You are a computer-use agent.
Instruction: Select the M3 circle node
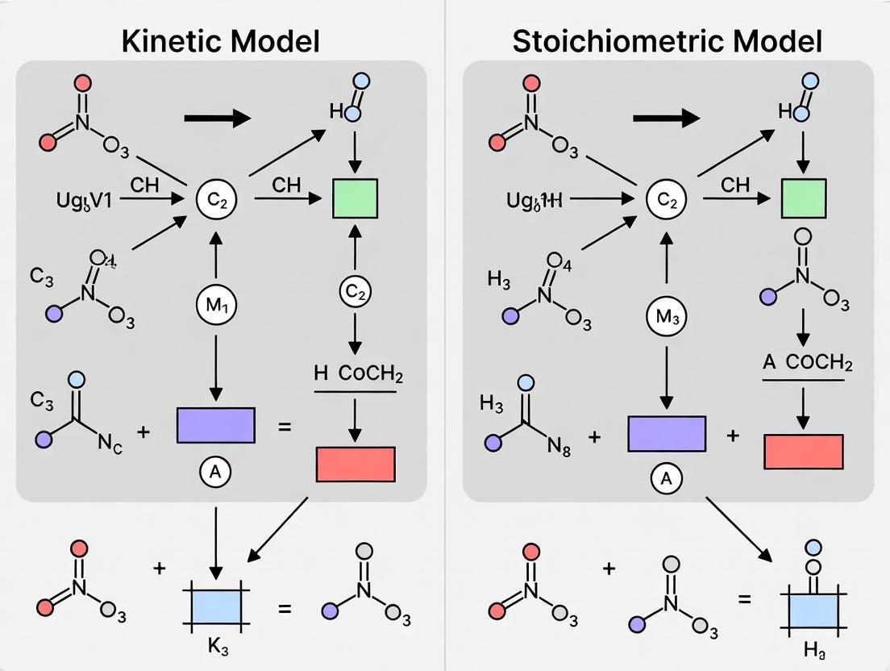pos(667,317)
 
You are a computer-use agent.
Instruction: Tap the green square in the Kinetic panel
pos(356,198)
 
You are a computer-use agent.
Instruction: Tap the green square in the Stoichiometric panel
pos(804,198)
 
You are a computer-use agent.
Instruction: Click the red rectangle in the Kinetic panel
pos(354,463)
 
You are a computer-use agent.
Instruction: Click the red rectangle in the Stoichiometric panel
pos(803,451)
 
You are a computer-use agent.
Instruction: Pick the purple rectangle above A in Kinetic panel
pos(215,426)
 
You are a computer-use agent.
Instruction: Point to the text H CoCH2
pos(355,374)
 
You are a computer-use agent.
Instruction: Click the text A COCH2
pos(803,363)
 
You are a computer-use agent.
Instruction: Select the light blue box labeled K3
pos(214,606)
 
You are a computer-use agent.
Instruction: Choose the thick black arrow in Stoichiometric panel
pos(667,119)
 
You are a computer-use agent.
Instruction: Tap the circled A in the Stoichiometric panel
pos(666,478)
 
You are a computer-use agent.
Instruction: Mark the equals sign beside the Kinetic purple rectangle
pos(285,427)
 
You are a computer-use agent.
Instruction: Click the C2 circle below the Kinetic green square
pos(356,294)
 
